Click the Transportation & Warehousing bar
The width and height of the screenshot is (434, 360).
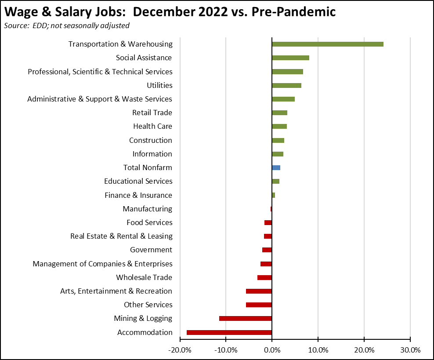(327, 44)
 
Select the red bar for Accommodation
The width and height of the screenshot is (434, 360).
(229, 332)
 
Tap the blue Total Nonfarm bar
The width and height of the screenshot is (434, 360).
(276, 167)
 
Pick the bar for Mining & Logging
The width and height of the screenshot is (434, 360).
(245, 318)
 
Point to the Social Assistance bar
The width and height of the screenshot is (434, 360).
(290, 58)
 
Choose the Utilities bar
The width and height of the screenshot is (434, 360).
(286, 85)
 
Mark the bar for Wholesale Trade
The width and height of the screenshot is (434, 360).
(264, 277)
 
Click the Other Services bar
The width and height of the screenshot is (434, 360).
(259, 305)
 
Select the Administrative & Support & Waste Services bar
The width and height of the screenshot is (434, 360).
(283, 99)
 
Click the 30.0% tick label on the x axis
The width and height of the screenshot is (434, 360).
(410, 350)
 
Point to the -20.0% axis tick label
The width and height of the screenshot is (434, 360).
(180, 350)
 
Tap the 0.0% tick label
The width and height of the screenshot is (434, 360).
(272, 350)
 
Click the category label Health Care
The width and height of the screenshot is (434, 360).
(152, 126)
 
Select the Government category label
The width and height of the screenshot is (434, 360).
(151, 250)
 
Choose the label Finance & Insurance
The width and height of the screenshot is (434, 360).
(138, 195)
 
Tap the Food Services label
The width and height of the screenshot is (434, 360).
(149, 222)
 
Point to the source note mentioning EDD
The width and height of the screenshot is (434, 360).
(67, 25)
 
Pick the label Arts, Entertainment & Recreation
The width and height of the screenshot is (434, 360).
(116, 291)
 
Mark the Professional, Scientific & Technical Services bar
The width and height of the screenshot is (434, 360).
(287, 72)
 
